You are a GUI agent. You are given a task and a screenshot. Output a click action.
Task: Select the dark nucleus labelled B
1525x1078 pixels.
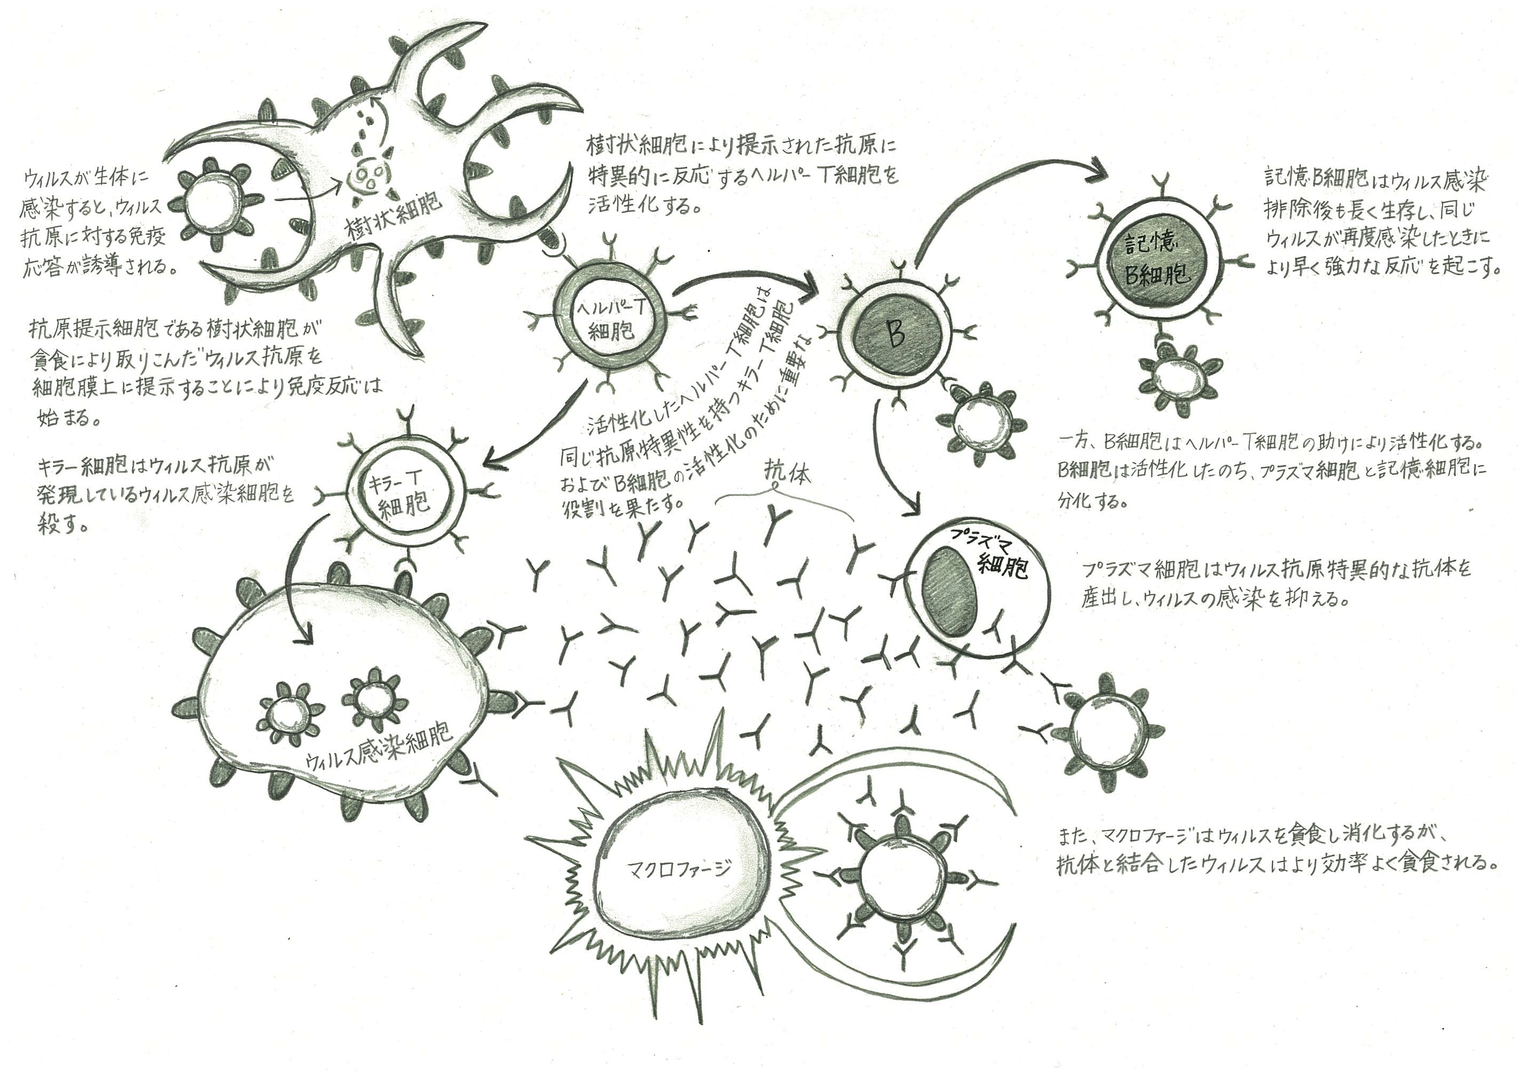894,335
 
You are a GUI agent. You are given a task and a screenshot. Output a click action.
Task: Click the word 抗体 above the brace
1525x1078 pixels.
787,472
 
